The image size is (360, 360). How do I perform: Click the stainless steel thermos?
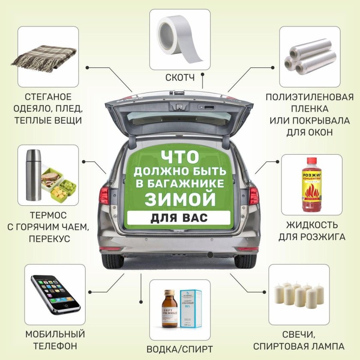click(x=33, y=174)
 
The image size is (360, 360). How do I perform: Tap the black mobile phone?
click(x=55, y=293)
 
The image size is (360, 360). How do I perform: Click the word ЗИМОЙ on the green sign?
click(x=180, y=198)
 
